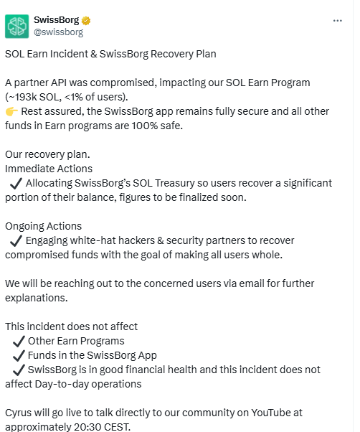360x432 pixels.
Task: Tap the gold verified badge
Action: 87,19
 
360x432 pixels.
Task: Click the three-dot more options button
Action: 338,21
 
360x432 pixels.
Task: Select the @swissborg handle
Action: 58,32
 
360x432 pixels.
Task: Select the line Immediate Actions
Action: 48,169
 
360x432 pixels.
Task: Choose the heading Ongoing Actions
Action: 43,226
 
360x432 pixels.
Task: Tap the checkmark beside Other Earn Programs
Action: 19,341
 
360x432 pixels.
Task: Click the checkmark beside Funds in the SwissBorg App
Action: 19,355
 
